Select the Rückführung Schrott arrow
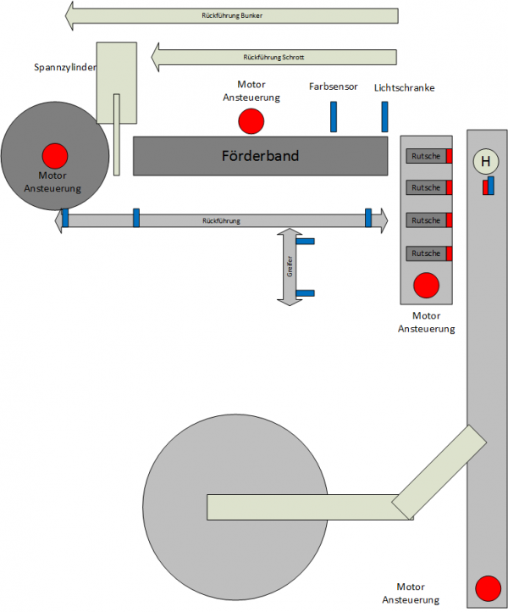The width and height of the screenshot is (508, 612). [x=273, y=58]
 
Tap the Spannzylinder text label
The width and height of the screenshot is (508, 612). [x=64, y=67]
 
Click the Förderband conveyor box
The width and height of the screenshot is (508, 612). [x=260, y=156]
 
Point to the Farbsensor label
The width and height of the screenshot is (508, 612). [x=332, y=86]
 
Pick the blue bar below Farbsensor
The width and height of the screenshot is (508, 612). [x=334, y=117]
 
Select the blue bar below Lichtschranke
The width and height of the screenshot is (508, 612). [x=384, y=117]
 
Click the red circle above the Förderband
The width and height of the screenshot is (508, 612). [x=251, y=121]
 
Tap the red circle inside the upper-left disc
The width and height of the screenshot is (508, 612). [x=55, y=155]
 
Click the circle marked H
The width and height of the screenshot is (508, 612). [x=485, y=162]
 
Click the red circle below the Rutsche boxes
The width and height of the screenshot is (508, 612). [x=426, y=285]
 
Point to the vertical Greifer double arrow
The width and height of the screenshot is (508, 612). [x=290, y=266]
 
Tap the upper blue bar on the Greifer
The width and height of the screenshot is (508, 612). [x=305, y=242]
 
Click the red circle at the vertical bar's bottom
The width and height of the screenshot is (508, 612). [x=488, y=588]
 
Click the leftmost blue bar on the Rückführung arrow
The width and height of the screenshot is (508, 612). [x=64, y=218]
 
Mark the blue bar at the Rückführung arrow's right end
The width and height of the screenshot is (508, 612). [x=368, y=218]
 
